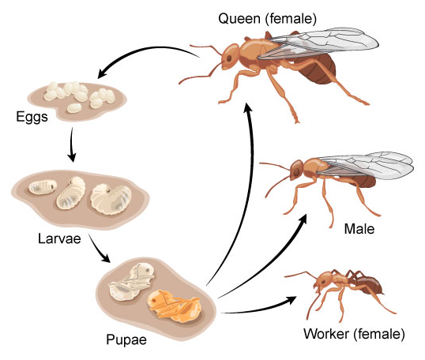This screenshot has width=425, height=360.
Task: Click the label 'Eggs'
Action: (x=32, y=118)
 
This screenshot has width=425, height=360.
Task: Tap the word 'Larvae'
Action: (x=59, y=238)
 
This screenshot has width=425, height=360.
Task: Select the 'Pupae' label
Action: (x=126, y=339)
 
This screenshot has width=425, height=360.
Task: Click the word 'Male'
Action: (x=359, y=229)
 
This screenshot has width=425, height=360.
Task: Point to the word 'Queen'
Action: (x=239, y=19)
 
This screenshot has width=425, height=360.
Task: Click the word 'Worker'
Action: (x=326, y=334)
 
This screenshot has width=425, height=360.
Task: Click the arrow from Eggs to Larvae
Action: (x=72, y=144)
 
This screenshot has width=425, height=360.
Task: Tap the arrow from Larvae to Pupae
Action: (x=98, y=249)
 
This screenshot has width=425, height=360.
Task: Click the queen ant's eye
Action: (x=229, y=58)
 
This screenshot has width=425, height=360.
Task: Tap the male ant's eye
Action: (x=296, y=171)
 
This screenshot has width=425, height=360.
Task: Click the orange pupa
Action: (x=175, y=306)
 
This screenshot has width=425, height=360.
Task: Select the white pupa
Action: (x=132, y=282)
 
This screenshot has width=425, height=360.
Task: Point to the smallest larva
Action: (x=43, y=187)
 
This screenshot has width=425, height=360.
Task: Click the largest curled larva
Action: (x=111, y=199)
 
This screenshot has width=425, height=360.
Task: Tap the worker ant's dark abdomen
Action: (x=369, y=286)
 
